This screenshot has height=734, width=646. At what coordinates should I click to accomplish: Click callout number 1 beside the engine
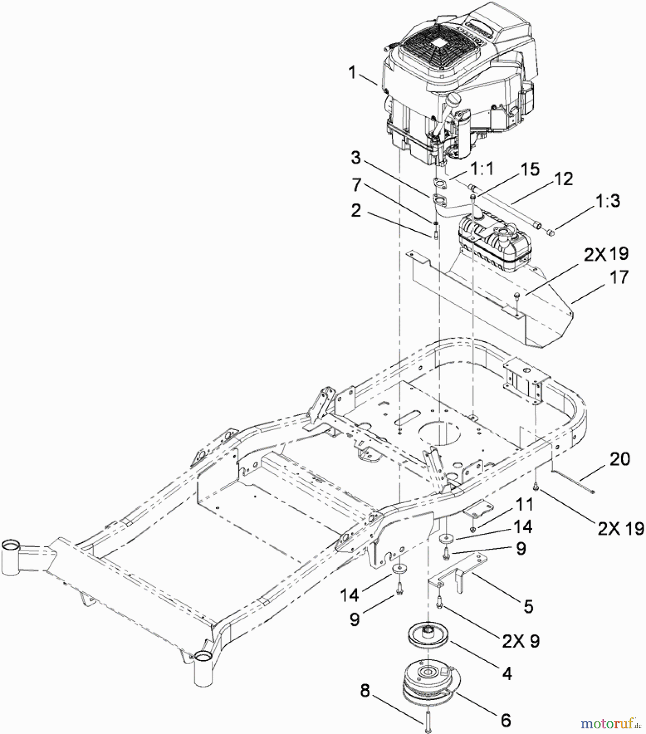(x=352, y=73)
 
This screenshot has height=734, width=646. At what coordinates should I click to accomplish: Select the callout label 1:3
(x=607, y=201)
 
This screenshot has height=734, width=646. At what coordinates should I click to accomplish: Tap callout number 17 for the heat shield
(x=619, y=278)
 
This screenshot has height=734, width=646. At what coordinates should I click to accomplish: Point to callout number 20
(x=620, y=459)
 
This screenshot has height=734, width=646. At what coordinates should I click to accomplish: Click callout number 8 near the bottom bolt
(x=365, y=691)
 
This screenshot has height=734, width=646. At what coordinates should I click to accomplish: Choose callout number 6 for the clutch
(x=505, y=721)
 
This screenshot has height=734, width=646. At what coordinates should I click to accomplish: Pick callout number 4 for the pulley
(x=507, y=673)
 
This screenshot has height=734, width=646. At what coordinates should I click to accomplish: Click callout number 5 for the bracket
(x=528, y=607)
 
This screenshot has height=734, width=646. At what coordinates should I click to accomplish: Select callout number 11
(x=524, y=504)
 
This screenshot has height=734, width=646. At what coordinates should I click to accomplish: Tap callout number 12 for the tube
(x=564, y=179)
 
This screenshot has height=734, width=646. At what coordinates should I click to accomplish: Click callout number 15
(x=530, y=169)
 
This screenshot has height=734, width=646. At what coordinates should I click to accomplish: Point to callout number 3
(x=356, y=158)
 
